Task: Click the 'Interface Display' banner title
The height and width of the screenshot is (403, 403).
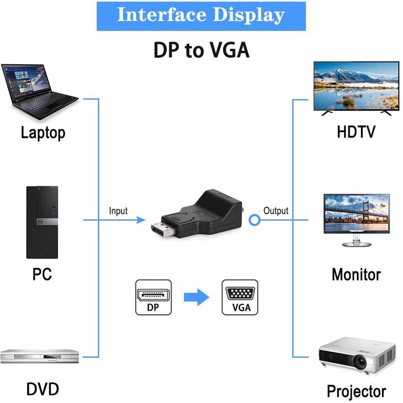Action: tap(201, 16)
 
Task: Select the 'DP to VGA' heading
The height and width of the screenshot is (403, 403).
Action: tap(201, 50)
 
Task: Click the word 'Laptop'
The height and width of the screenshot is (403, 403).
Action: tap(43, 133)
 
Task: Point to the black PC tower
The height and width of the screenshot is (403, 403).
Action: tap(42, 222)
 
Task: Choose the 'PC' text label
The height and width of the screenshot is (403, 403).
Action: tap(42, 274)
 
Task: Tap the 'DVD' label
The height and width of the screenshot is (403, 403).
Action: tap(42, 389)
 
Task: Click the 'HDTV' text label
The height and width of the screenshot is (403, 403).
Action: tap(356, 132)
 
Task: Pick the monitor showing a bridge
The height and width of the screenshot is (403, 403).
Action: tap(356, 218)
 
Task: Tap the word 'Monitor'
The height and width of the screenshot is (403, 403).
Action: tap(356, 275)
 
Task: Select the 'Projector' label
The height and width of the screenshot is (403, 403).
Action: tap(356, 391)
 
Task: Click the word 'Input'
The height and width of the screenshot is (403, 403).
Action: tap(118, 211)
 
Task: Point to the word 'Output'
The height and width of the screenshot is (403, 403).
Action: tap(276, 211)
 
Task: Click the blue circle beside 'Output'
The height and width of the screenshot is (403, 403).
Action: tap(254, 220)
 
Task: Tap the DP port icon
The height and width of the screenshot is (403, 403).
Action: tap(153, 298)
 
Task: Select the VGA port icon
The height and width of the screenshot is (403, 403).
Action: tap(240, 298)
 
